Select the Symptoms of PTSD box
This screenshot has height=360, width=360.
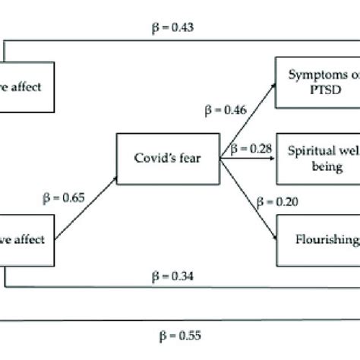tap(315, 84)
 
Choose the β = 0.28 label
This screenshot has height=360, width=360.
tap(251, 147)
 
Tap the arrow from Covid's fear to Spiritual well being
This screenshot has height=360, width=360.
tap(247, 159)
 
